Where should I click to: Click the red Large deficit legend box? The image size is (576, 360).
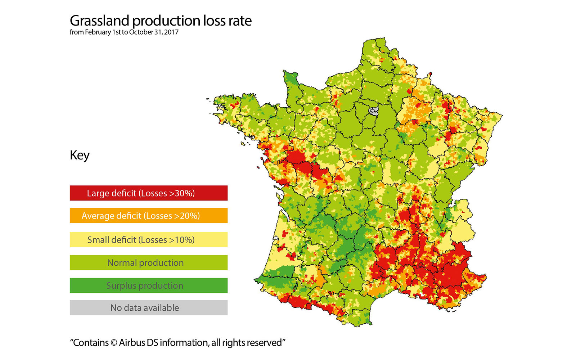point(148,193)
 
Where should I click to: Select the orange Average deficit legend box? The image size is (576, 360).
point(148,216)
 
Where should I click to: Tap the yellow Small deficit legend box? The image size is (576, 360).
point(148,239)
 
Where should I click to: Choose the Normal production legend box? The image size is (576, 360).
point(148,262)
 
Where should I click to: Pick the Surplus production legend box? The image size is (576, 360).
point(148,285)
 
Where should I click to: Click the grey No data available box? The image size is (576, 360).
point(148,307)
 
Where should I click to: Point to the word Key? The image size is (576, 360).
point(80,155)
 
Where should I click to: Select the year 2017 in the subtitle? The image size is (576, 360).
point(171,32)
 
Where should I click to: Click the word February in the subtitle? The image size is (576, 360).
point(98,32)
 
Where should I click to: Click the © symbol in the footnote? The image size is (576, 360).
point(114,343)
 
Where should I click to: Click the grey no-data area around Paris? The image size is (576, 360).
point(373,110)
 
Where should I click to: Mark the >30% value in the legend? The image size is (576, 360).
point(182,193)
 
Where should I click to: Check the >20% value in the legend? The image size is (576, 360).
point(187,216)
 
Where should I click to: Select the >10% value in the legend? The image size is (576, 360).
point(182,240)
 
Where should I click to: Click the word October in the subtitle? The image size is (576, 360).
point(141,32)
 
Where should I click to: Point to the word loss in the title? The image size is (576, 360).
point(214,21)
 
